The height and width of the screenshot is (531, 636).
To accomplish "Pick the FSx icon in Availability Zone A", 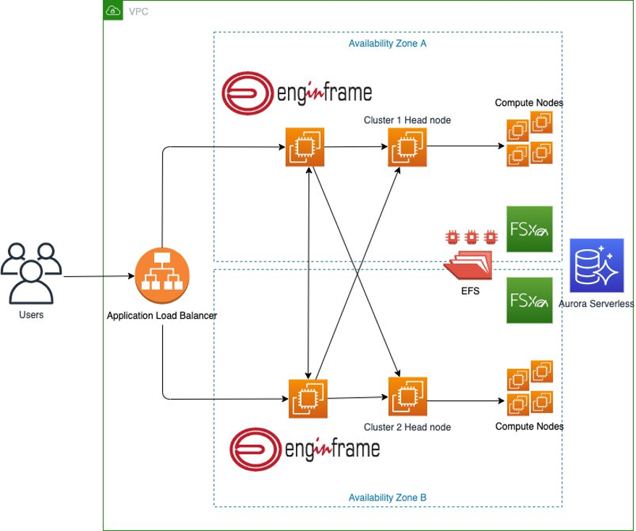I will coord(529,228).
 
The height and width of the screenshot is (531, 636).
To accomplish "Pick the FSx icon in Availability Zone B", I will coord(529,299).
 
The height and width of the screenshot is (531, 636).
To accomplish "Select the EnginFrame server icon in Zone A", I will coord(305,147).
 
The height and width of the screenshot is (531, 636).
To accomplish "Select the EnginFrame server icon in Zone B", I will coord(308,398).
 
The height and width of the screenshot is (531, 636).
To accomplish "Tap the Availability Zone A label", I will coord(387,43).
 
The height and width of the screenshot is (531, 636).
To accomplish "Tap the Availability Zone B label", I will coord(387,498).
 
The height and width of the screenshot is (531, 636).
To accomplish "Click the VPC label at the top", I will coord(138,12).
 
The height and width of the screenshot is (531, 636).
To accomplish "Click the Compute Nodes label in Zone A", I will coord(528,103).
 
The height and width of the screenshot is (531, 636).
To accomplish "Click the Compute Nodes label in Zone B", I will coord(529,427).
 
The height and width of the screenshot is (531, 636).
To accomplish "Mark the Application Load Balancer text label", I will coord(161,316).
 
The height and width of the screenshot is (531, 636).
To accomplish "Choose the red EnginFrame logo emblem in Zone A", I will coord(247,93).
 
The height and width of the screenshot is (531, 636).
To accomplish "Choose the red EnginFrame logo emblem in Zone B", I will coord(254,448).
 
